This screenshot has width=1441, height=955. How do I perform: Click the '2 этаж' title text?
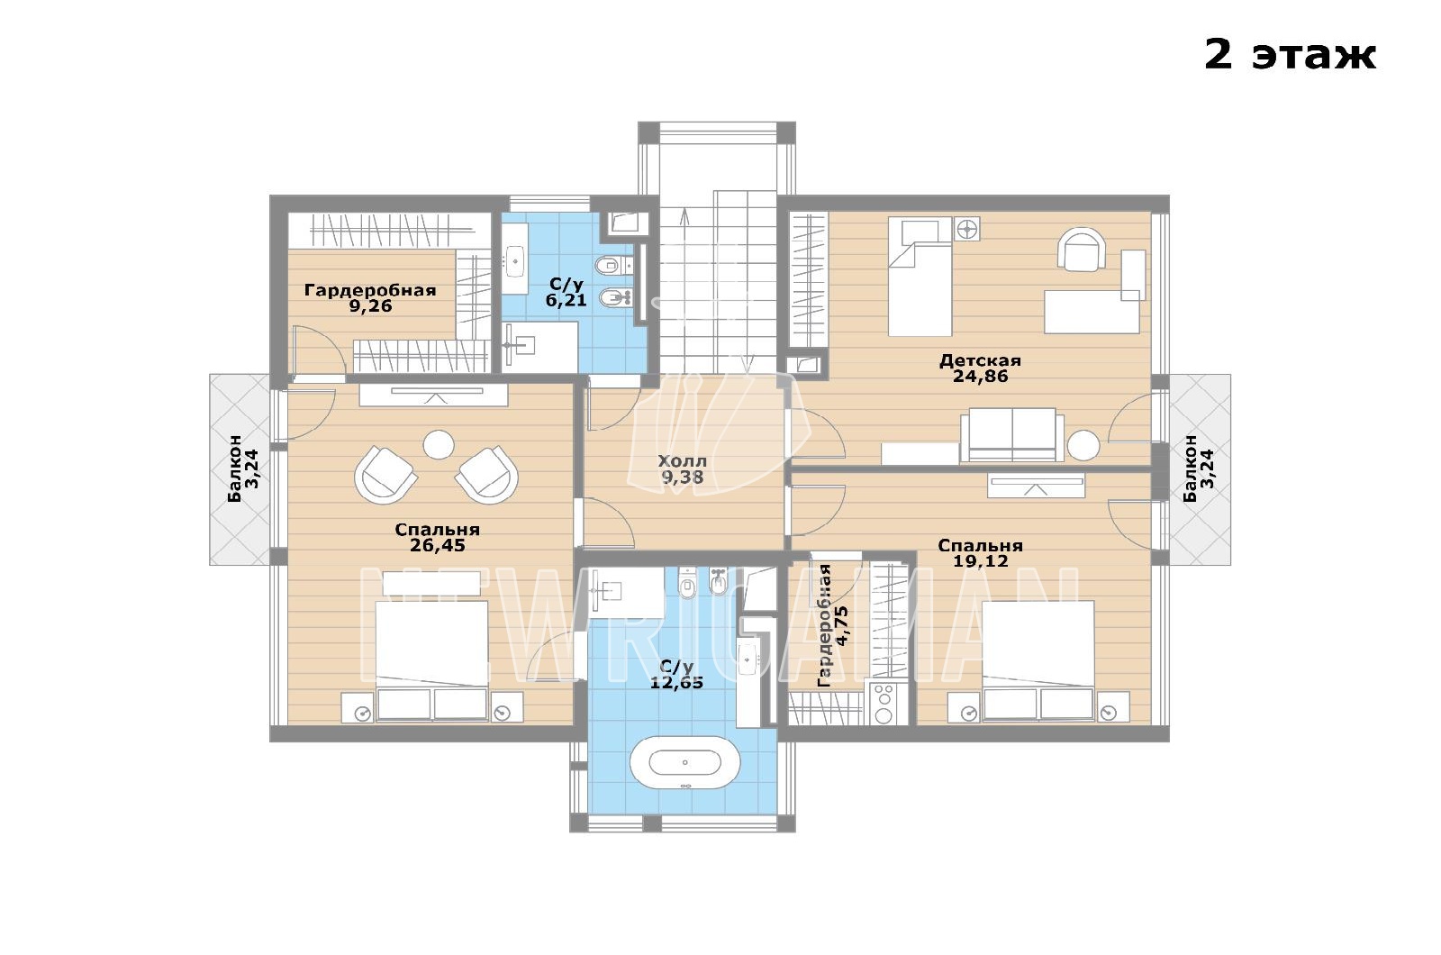[1290, 55]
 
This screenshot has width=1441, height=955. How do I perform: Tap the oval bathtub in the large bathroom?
[684, 762]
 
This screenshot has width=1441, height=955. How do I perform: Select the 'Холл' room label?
[682, 460]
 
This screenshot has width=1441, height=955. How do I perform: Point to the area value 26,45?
[438, 546]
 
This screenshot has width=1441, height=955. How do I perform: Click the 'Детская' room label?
[980, 360]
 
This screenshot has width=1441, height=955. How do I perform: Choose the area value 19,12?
[981, 561]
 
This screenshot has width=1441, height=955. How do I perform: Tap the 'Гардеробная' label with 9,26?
[370, 290]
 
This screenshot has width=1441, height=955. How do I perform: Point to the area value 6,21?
[566, 300]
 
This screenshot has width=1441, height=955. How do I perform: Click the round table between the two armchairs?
[439, 445]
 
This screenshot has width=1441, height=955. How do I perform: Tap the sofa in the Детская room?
[1012, 435]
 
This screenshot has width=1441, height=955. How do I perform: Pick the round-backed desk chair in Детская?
[1082, 249]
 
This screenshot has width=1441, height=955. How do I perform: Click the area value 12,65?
[676, 682]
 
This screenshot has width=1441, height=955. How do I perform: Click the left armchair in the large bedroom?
[385, 474]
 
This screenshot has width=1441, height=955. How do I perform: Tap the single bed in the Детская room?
[920, 277]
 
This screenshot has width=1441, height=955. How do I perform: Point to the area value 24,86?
[980, 376]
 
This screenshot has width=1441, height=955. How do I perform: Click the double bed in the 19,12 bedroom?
[1038, 660]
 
